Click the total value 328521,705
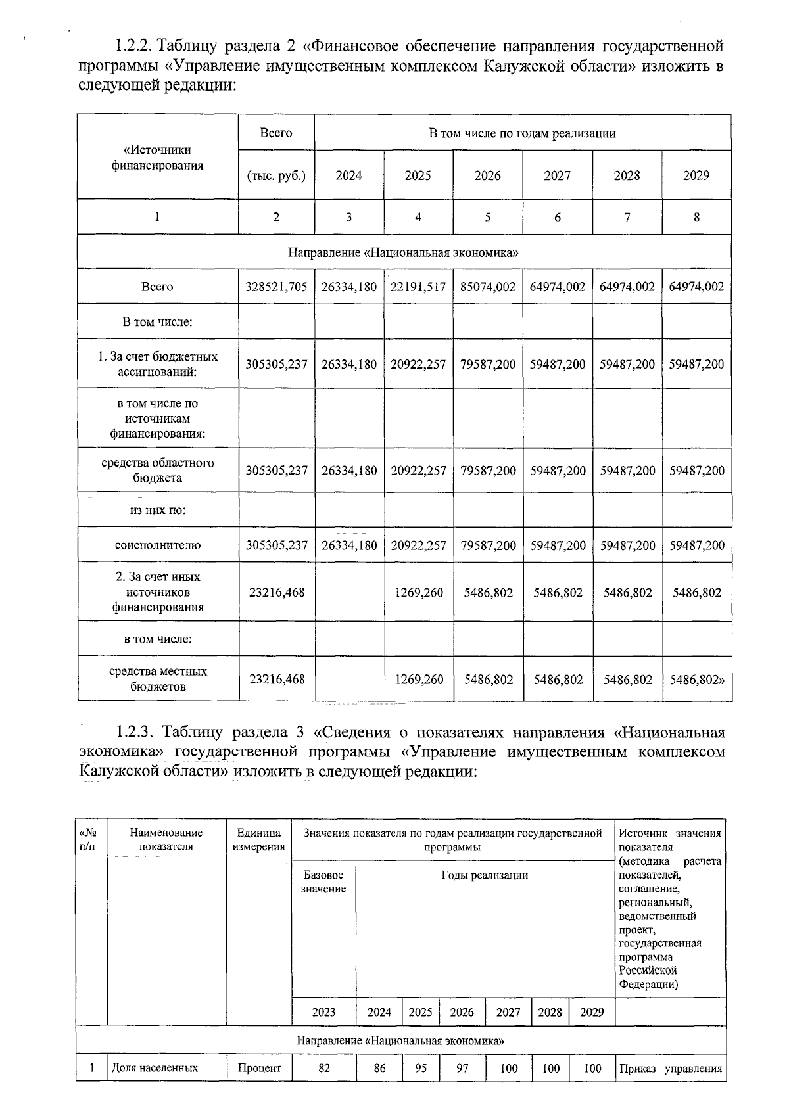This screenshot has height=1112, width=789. [x=276, y=287]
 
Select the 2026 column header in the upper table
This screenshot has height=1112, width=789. [x=487, y=175]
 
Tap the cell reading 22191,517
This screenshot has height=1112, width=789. [x=418, y=287]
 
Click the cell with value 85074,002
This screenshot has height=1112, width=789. [x=487, y=287]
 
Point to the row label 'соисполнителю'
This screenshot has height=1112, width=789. [x=158, y=545]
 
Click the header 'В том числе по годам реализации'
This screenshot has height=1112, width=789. [x=522, y=133]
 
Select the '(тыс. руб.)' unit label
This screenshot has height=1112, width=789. [x=276, y=175]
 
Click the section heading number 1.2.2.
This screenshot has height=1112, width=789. [x=134, y=46]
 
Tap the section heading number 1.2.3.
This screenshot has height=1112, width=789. [x=135, y=732]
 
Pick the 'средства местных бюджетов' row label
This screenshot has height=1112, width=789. [x=158, y=679]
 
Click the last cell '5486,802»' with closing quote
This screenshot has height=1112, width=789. [x=697, y=680]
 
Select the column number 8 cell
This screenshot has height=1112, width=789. [x=696, y=217]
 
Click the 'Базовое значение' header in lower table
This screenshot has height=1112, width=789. [x=323, y=882]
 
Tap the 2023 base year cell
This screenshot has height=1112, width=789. [x=323, y=1012]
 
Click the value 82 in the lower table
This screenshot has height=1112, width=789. [x=323, y=1068]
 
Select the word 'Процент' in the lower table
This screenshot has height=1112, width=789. [x=259, y=1068]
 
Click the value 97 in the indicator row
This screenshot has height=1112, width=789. [x=462, y=1068]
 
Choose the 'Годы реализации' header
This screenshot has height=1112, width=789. [x=485, y=875]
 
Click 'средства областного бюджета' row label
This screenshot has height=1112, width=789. [x=158, y=470]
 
